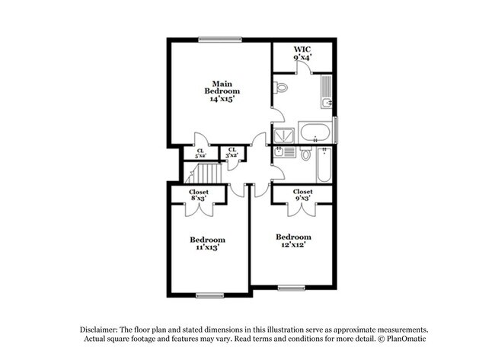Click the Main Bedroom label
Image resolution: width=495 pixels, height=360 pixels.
(x=221, y=91)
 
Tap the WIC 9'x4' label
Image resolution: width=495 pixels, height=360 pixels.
(x=302, y=53)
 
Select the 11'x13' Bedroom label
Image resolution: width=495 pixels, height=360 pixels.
(x=207, y=244)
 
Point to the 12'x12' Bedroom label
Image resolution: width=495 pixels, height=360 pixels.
(x=293, y=241)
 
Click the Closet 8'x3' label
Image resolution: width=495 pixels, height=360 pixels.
(x=200, y=196)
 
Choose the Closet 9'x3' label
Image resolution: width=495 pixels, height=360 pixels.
(x=302, y=195)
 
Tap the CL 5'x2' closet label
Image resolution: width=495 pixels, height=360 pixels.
(x=200, y=154)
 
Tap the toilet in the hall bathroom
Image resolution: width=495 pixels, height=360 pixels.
(x=305, y=155)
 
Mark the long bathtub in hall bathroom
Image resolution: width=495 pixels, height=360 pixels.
(x=324, y=164)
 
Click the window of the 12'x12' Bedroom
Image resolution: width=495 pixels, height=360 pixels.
(x=290, y=288)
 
